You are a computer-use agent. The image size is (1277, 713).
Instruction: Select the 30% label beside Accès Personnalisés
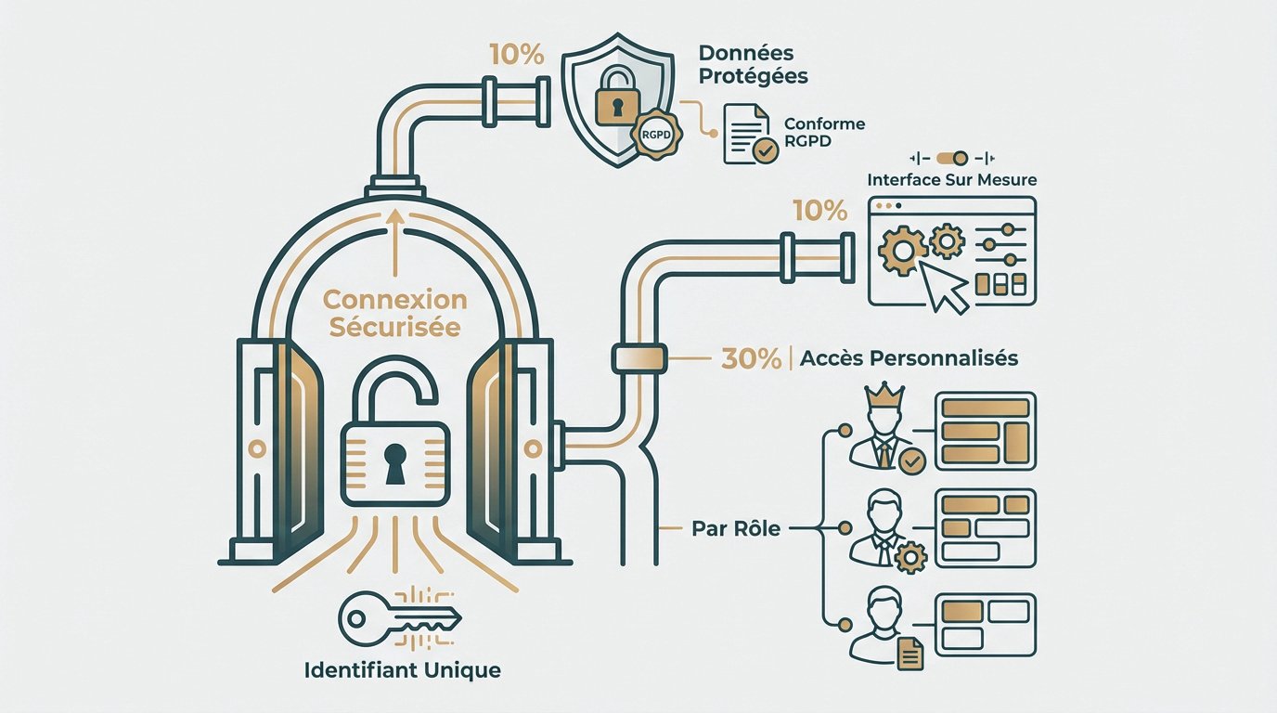[x=751, y=358]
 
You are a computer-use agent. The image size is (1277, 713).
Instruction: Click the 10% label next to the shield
[x=518, y=55]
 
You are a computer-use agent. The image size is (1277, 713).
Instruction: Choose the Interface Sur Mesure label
[x=951, y=179]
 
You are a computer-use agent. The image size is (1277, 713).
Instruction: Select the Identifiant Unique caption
[x=402, y=669]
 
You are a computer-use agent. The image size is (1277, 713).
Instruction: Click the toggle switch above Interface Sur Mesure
[x=952, y=158]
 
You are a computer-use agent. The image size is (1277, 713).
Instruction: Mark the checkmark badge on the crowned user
[x=913, y=459]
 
